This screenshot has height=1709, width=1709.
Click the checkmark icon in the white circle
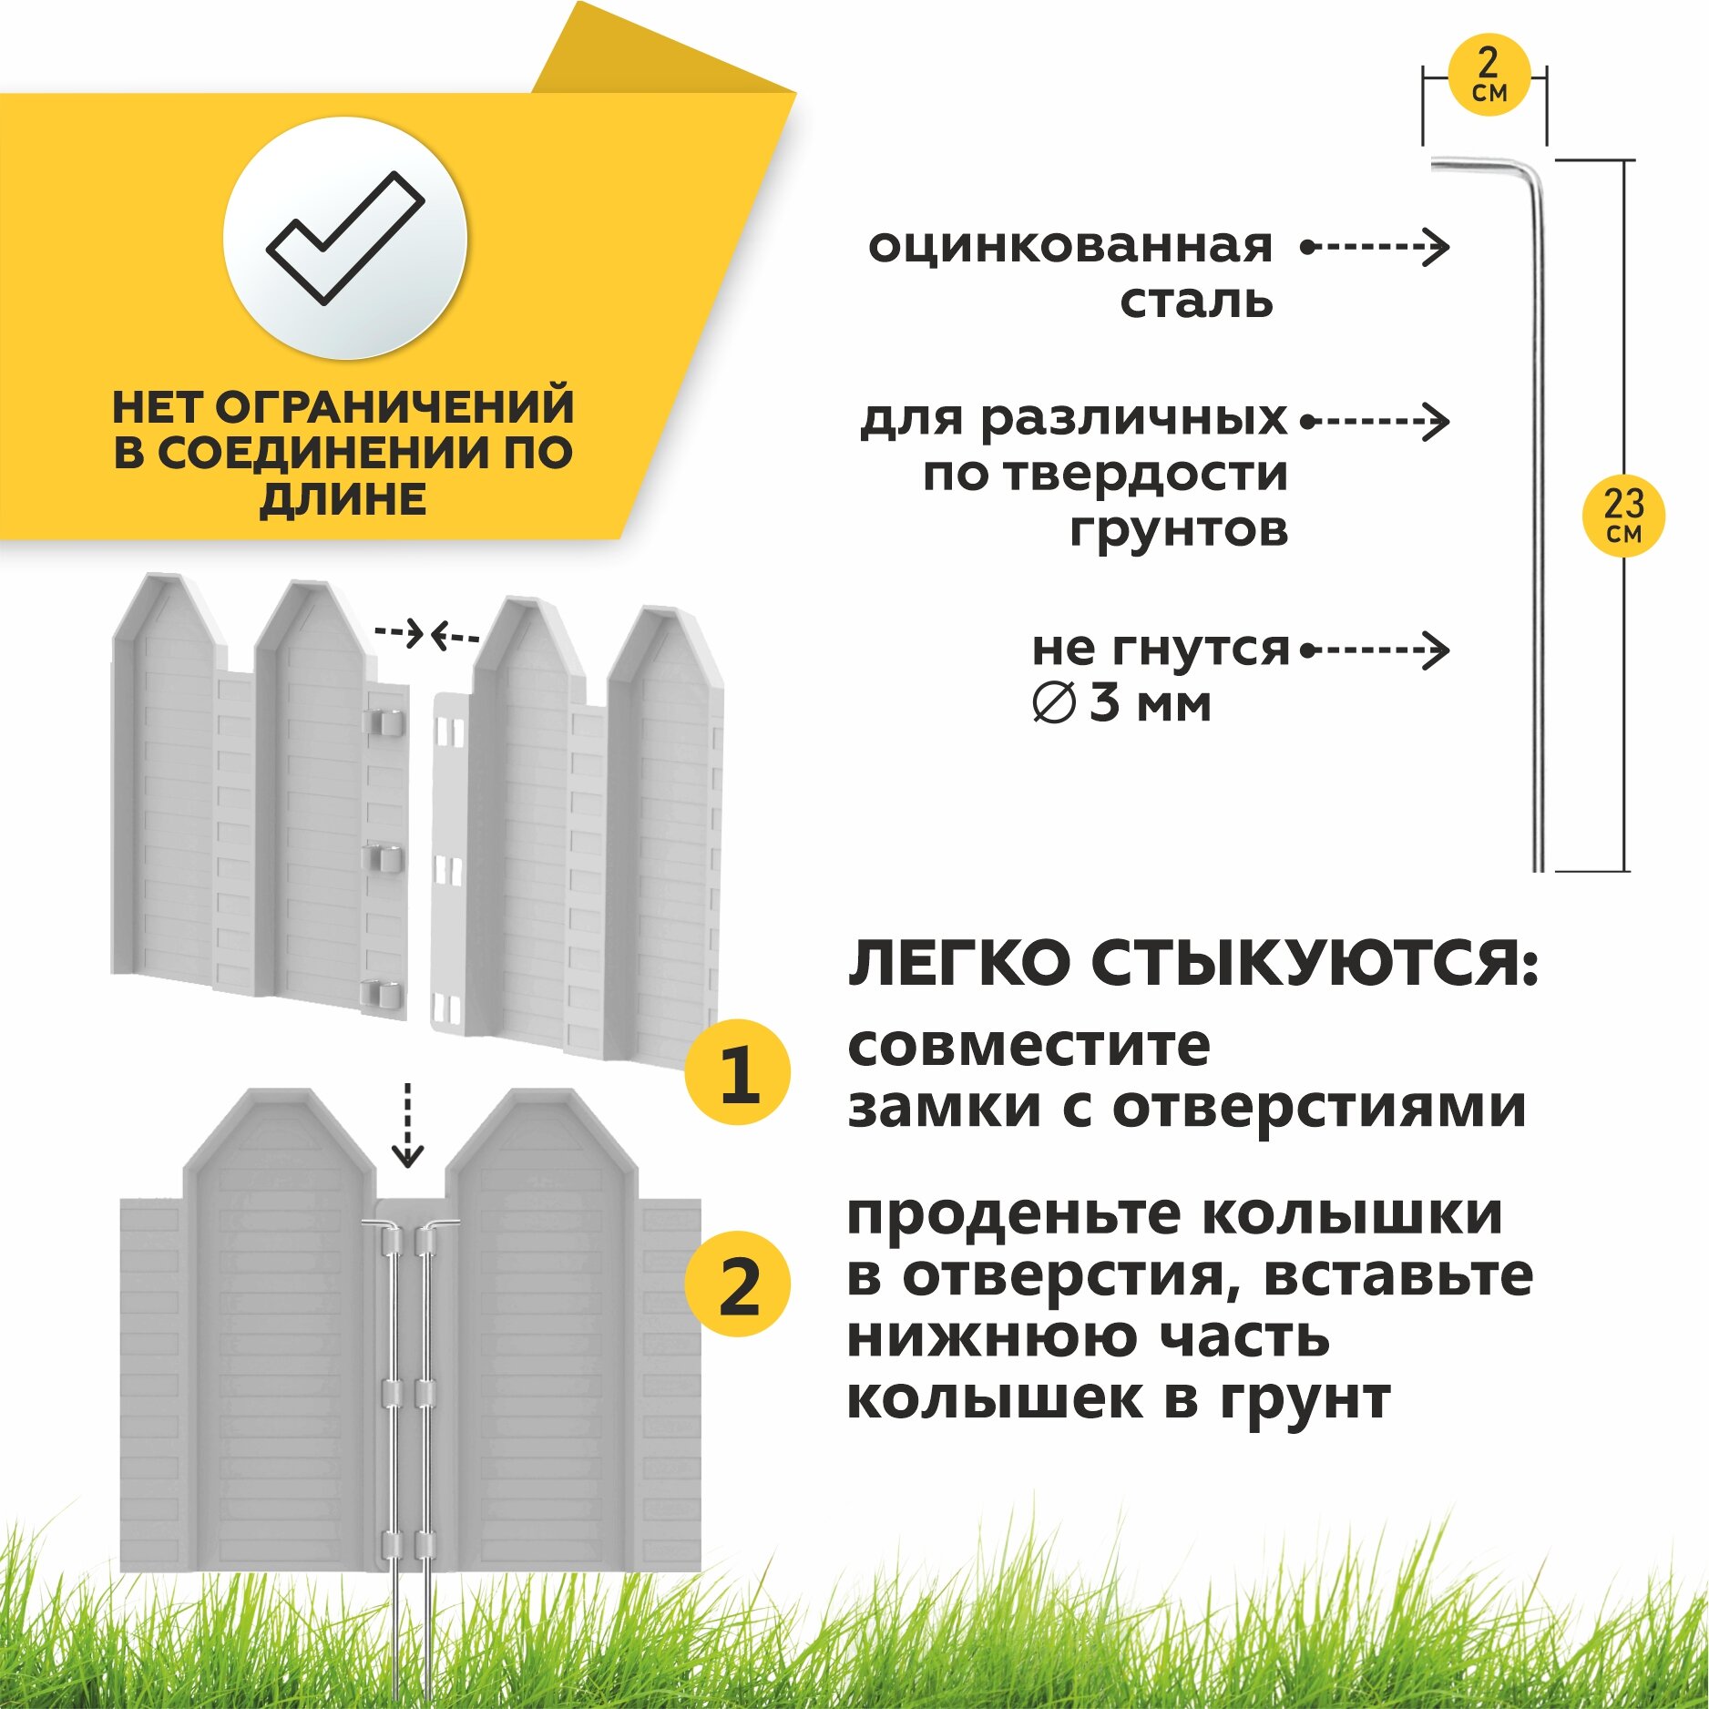coord(345,238)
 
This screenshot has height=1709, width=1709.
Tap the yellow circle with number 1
coord(738,1072)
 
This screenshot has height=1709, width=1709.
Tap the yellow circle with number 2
coord(738,1284)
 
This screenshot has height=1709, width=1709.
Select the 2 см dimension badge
coord(1489,75)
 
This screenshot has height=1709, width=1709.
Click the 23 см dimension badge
coord(1623,516)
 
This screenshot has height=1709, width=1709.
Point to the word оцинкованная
coord(1070,246)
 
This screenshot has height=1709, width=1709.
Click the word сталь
coord(1196,302)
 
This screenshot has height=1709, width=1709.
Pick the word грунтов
coord(1179,529)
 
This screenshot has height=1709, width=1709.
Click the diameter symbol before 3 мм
coord(1054,704)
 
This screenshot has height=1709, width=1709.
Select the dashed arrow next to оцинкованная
coord(1375,246)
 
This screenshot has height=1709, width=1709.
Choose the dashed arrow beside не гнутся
coord(1375,650)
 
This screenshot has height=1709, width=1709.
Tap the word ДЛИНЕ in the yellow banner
coord(343,499)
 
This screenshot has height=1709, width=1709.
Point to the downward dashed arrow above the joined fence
coord(407,1126)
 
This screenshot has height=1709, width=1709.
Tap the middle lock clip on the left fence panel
coord(383,859)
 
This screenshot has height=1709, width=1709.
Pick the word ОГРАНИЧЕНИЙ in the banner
coord(394,407)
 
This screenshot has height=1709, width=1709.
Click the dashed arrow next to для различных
coord(1375,421)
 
